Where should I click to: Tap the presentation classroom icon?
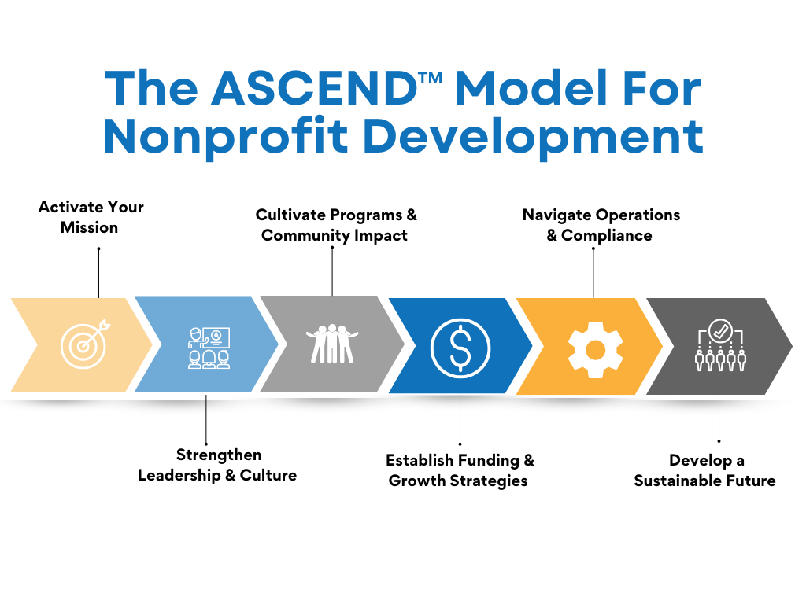[209, 348]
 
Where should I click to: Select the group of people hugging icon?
[332, 344]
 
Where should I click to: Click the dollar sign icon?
[460, 348]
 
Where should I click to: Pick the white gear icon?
[595, 350]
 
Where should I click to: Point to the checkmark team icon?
[720, 345]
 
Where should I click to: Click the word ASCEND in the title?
[315, 88]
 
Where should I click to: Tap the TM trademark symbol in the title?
[431, 78]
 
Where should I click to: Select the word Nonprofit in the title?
[226, 137]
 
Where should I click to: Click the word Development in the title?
[533, 137]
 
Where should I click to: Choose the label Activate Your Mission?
[91, 217]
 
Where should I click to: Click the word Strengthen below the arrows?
[219, 455]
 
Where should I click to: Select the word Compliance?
[607, 236]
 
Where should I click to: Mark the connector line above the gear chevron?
[593, 273]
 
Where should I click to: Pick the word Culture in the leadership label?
[268, 475]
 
